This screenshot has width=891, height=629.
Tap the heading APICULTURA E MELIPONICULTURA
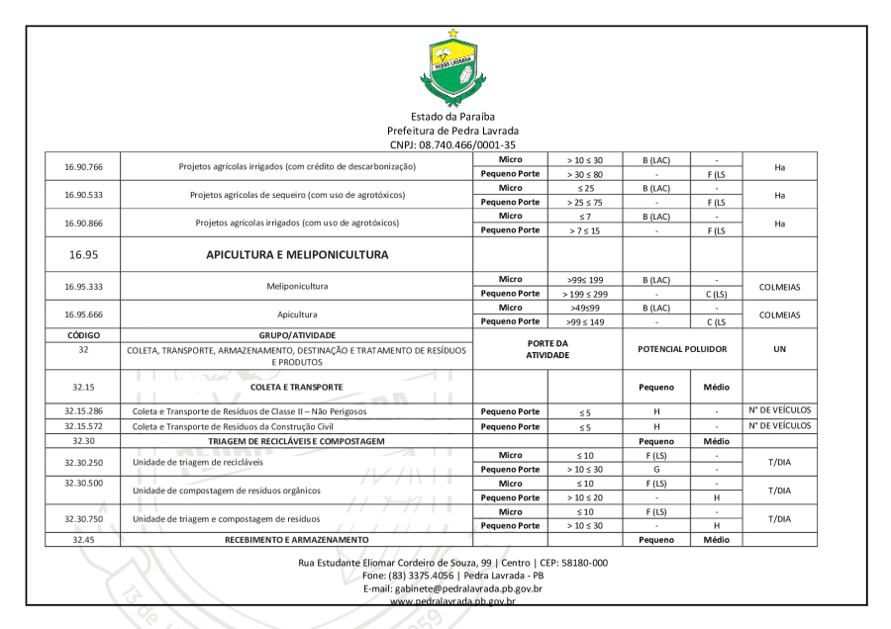pyautogui.click(x=297, y=254)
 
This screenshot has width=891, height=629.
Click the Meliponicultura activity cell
pyautogui.click(x=297, y=287)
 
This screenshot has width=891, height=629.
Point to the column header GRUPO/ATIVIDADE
pyautogui.click(x=297, y=335)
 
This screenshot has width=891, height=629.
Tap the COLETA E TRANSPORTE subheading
pyautogui.click(x=297, y=388)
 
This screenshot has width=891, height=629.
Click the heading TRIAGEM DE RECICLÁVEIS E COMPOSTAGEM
pyautogui.click(x=297, y=441)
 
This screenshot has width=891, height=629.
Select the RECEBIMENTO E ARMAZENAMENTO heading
pyautogui.click(x=297, y=540)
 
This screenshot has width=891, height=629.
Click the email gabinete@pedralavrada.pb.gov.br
pyautogui.click(x=452, y=587)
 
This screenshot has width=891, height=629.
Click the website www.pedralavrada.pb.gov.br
pyautogui.click(x=452, y=600)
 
